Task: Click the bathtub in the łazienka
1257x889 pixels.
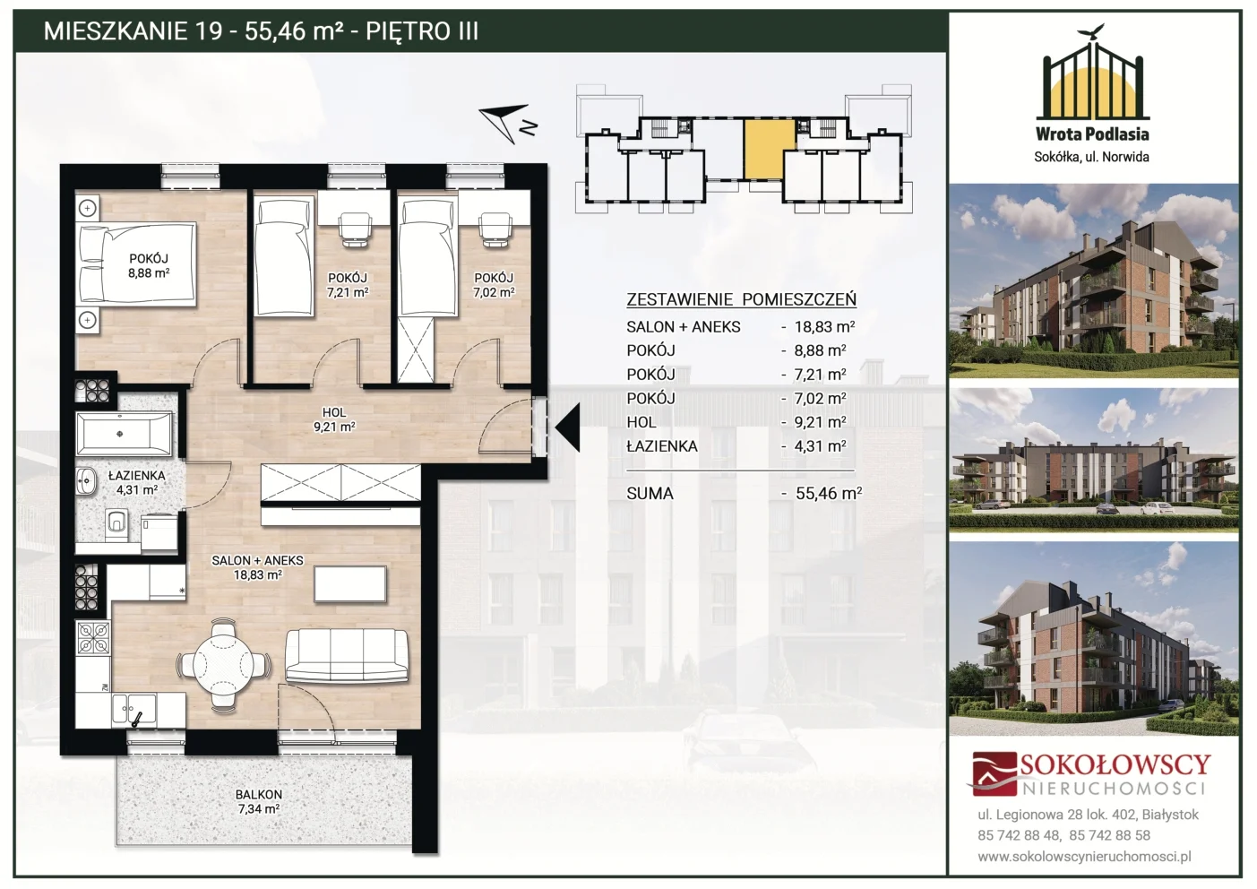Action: [125, 433]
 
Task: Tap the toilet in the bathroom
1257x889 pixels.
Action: [116, 522]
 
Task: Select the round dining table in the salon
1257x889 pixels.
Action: [223, 665]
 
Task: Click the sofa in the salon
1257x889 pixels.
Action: [347, 654]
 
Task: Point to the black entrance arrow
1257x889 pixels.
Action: [567, 427]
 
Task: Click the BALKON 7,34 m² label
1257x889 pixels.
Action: [259, 801]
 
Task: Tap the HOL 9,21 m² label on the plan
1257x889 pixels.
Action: [334, 419]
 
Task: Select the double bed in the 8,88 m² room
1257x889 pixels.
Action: [137, 263]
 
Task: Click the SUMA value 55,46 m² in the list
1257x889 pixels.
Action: [828, 493]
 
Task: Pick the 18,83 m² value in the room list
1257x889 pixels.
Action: [824, 326]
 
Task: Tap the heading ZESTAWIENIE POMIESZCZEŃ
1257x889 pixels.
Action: [741, 299]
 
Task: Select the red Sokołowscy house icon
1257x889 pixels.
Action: [994, 773]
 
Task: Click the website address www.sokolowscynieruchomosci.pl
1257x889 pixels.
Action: [1084, 857]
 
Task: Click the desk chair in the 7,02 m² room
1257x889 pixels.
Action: [495, 229]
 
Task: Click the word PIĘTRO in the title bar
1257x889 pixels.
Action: [404, 30]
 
